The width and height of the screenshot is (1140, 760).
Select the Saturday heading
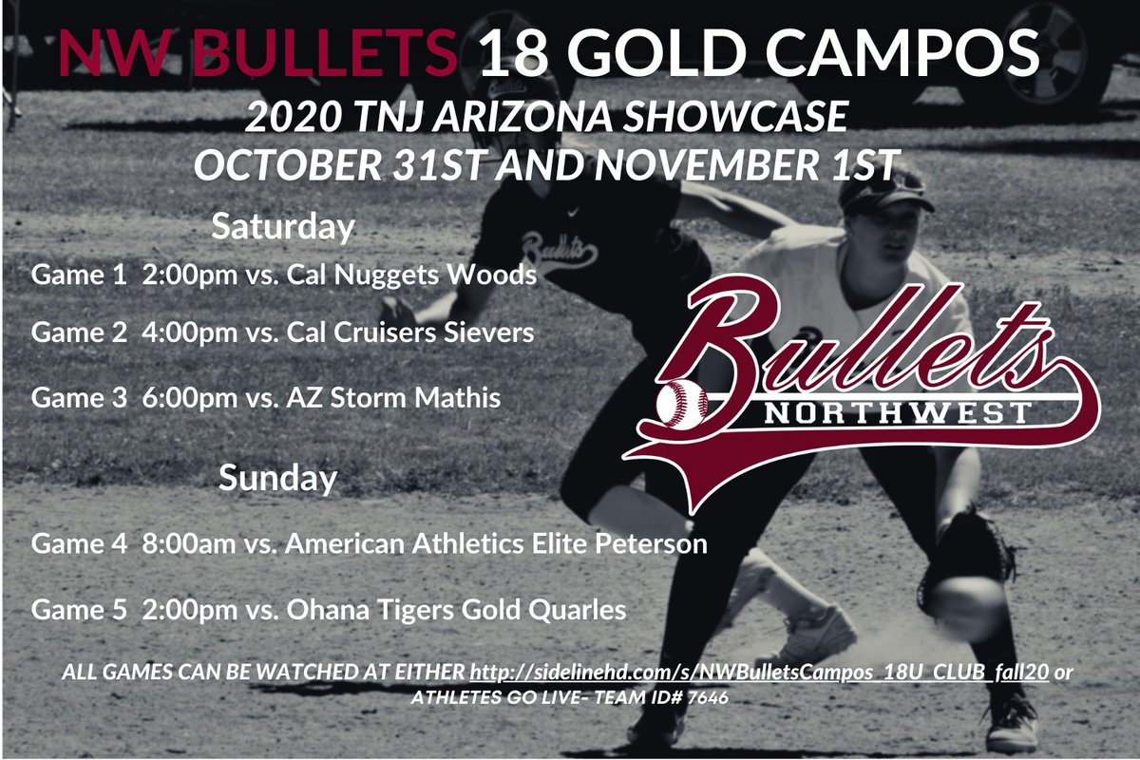(x=282, y=228)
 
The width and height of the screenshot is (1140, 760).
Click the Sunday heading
(x=277, y=478)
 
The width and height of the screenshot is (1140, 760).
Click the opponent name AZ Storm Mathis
(x=391, y=397)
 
